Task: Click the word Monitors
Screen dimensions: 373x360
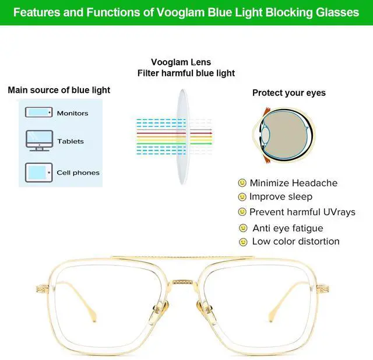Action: point(72,113)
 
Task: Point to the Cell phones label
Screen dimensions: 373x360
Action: point(78,173)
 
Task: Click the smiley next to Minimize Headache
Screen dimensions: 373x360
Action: point(242,183)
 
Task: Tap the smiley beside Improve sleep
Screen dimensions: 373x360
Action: point(242,197)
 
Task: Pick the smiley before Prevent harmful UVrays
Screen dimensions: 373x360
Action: point(242,212)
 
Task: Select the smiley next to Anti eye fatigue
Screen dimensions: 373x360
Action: point(243,228)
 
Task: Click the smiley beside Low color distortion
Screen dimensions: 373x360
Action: point(243,242)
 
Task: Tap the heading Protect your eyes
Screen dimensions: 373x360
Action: point(288,93)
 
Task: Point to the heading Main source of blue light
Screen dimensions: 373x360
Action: point(59,90)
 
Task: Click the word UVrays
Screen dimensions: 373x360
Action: point(339,212)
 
